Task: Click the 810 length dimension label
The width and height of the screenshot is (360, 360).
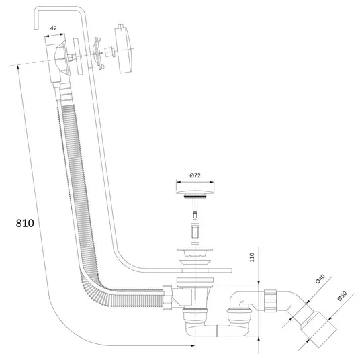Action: click(25, 223)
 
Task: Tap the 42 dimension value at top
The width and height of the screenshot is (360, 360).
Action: click(53, 28)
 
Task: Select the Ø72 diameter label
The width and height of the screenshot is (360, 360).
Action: click(195, 175)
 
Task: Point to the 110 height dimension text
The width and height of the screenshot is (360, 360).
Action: click(252, 257)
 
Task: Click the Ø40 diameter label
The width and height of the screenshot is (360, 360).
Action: click(320, 279)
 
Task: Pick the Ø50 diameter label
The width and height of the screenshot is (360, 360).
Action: click(342, 296)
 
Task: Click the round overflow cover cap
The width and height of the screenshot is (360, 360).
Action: click(124, 48)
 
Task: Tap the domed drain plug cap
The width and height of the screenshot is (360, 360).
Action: click(195, 192)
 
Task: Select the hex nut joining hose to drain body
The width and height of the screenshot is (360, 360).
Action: click(167, 298)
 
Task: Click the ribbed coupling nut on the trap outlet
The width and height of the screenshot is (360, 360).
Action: click(270, 301)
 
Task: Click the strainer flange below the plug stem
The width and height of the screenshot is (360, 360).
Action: click(195, 252)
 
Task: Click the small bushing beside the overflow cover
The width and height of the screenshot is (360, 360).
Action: click(109, 52)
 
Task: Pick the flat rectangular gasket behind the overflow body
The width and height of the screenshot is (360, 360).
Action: click(78, 56)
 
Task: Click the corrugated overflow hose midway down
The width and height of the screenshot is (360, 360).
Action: click(77, 183)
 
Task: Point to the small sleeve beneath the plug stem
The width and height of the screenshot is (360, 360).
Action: click(195, 231)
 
